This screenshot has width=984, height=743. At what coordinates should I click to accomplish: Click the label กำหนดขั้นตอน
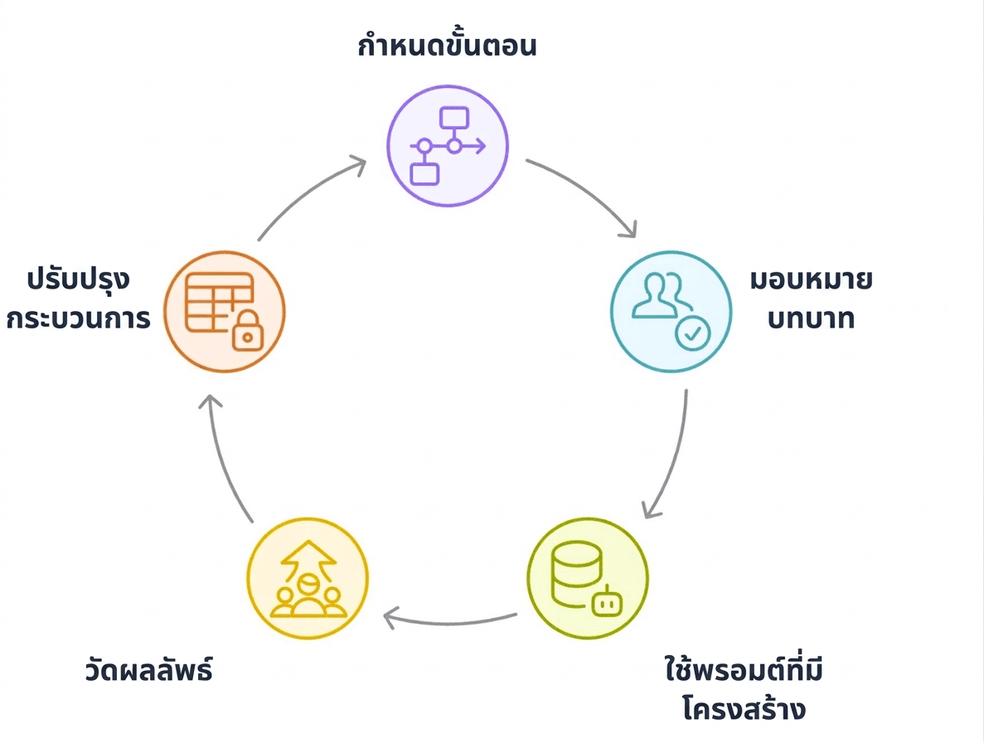(x=447, y=45)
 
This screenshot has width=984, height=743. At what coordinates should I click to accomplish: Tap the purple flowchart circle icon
(x=448, y=146)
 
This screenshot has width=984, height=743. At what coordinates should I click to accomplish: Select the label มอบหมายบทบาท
(x=811, y=299)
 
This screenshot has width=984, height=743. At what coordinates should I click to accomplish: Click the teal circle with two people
(x=671, y=312)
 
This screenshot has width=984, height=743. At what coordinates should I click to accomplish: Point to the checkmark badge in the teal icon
(x=693, y=333)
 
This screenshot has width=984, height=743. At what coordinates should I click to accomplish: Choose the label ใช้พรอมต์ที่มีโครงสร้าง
(x=744, y=689)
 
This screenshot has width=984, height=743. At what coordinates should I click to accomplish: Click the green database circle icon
(x=588, y=578)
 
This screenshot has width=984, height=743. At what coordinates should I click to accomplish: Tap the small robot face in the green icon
(x=606, y=602)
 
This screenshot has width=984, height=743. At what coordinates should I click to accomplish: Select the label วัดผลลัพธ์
(x=148, y=670)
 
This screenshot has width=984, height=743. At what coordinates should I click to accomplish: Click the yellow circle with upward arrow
(x=308, y=578)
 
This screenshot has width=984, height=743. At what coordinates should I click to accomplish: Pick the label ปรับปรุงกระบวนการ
(x=79, y=299)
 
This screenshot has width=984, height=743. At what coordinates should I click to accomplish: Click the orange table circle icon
(x=225, y=312)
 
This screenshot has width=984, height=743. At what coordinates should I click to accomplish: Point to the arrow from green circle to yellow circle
(x=449, y=623)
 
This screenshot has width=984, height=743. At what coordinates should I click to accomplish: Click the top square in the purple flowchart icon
(x=454, y=118)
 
